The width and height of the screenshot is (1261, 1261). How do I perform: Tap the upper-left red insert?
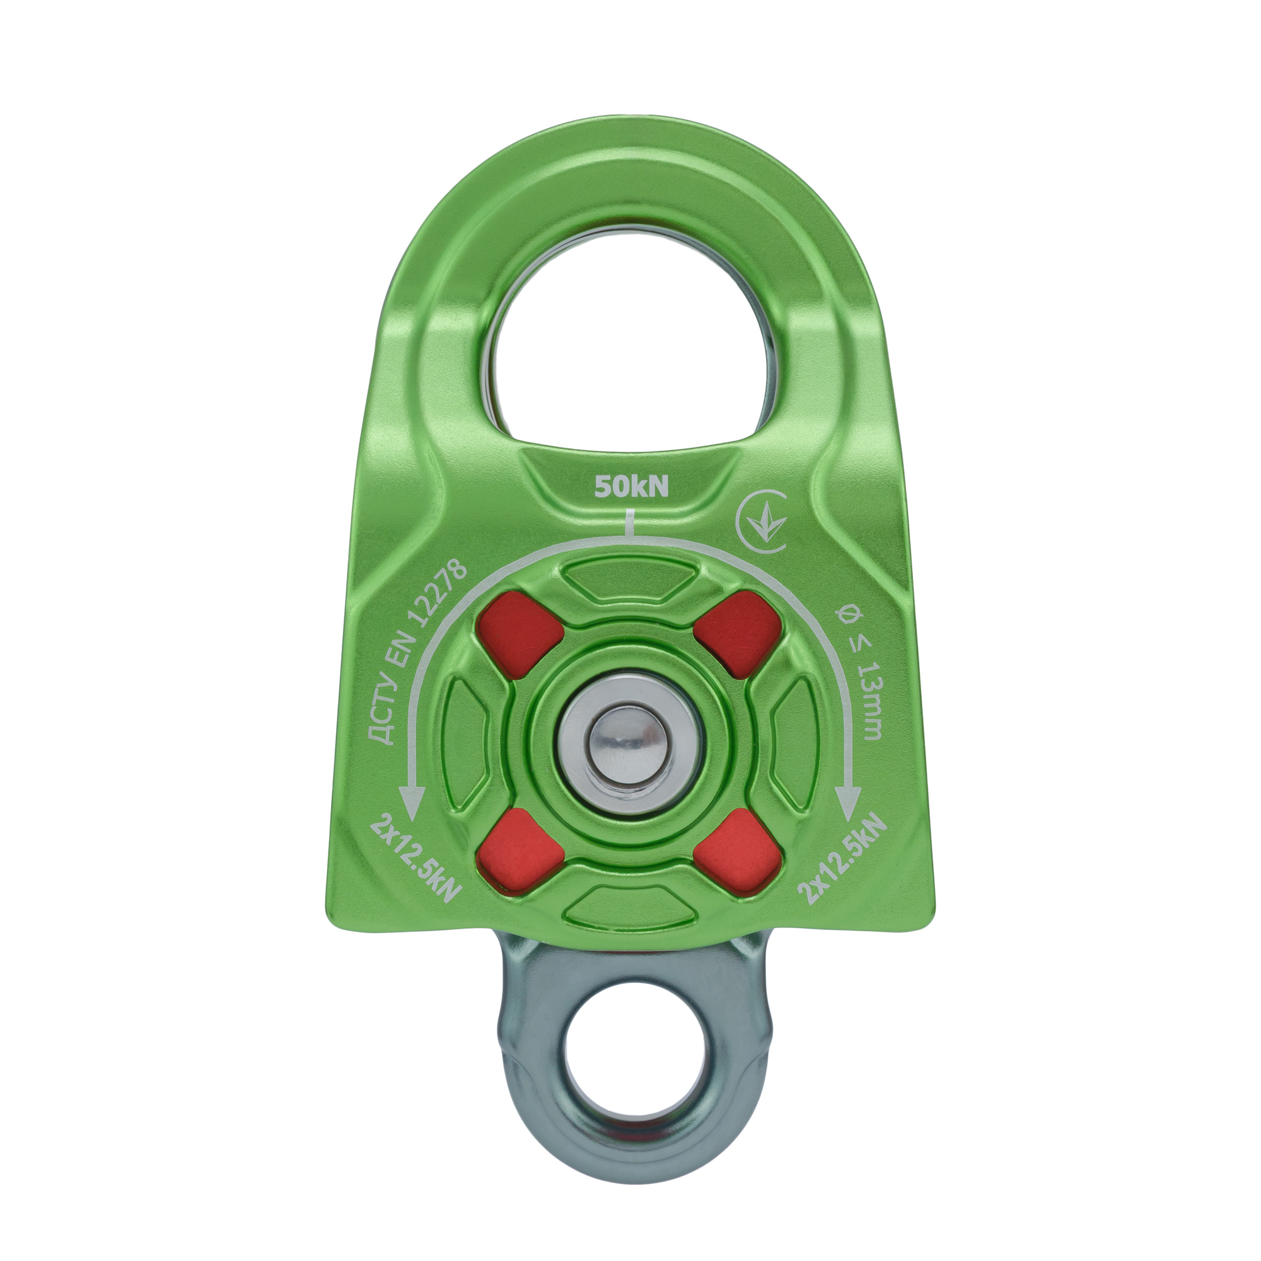(x=520, y=630)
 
